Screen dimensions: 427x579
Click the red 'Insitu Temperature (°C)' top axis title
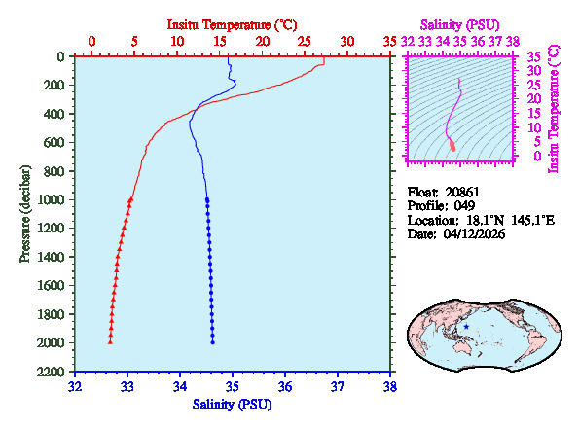[233, 22]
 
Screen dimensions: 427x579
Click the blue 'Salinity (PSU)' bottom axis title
[233, 404]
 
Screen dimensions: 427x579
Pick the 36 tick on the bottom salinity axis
[285, 386]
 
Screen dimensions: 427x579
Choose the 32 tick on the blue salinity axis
[76, 386]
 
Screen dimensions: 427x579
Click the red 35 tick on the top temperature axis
[390, 42]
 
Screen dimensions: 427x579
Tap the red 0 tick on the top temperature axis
[91, 42]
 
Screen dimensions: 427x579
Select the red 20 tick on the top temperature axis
[263, 42]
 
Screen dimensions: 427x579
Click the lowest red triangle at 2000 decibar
[110, 342]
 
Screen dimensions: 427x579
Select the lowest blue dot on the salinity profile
[212, 342]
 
